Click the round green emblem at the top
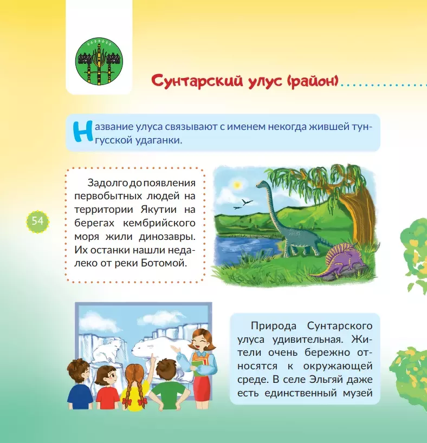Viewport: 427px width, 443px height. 99,61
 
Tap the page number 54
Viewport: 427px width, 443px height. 37,221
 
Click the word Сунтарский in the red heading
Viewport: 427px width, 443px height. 197,81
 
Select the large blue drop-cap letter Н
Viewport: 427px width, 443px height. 83,132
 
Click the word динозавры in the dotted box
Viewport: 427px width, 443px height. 167,237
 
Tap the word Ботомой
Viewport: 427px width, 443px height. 164,263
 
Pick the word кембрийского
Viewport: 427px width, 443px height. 159,223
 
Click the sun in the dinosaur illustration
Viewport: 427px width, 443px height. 237,185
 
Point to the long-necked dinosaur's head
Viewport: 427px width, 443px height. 262,185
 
